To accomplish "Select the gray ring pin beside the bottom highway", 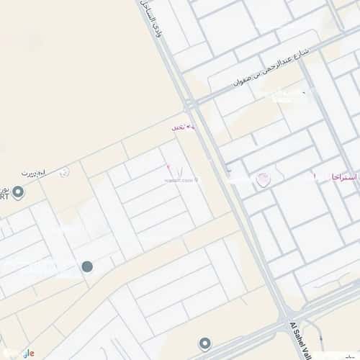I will pos(205,343).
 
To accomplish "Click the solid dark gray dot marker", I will pos(88,267).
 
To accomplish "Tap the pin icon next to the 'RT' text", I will pos(19,192).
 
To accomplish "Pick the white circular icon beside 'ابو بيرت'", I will pos(65,172).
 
